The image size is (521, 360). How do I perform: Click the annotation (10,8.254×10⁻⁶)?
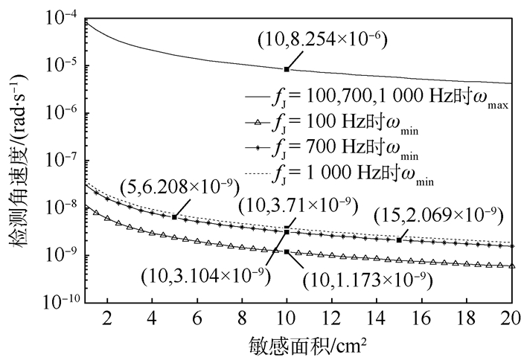(x=322, y=37)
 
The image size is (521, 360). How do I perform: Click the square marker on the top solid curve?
(x=287, y=69)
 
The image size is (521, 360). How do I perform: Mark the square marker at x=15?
(x=400, y=240)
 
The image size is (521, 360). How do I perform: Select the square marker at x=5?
(x=174, y=216)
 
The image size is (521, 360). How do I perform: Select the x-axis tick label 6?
(x=197, y=318)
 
